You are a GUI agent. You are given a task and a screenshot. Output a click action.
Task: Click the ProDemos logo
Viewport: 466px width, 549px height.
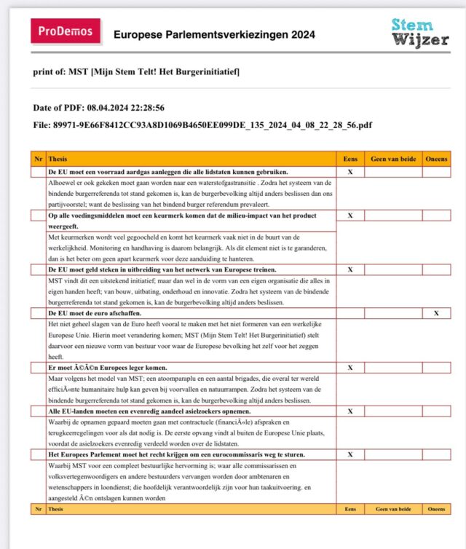tap(66, 31)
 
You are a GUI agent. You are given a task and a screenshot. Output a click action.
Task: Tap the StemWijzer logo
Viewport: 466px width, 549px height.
tap(420, 32)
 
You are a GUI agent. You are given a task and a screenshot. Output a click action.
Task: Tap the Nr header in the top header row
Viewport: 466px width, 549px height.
tap(38, 158)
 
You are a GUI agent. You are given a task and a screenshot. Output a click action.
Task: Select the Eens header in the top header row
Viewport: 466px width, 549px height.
tap(350, 158)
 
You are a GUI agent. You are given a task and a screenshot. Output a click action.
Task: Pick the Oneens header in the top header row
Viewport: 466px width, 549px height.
tap(436, 158)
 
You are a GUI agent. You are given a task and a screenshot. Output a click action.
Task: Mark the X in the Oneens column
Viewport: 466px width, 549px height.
tap(436, 313)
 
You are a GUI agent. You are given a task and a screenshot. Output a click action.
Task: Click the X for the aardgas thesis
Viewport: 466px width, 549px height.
tap(350, 172)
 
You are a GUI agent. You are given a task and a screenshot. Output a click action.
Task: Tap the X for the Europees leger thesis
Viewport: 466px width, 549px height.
tap(350, 368)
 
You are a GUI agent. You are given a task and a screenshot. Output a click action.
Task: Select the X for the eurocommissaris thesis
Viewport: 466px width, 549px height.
tap(350, 454)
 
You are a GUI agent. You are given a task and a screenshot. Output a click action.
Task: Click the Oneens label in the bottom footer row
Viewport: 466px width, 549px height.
tap(436, 510)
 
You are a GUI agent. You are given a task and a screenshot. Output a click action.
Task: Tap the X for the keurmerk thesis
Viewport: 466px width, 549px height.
tap(350, 216)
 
